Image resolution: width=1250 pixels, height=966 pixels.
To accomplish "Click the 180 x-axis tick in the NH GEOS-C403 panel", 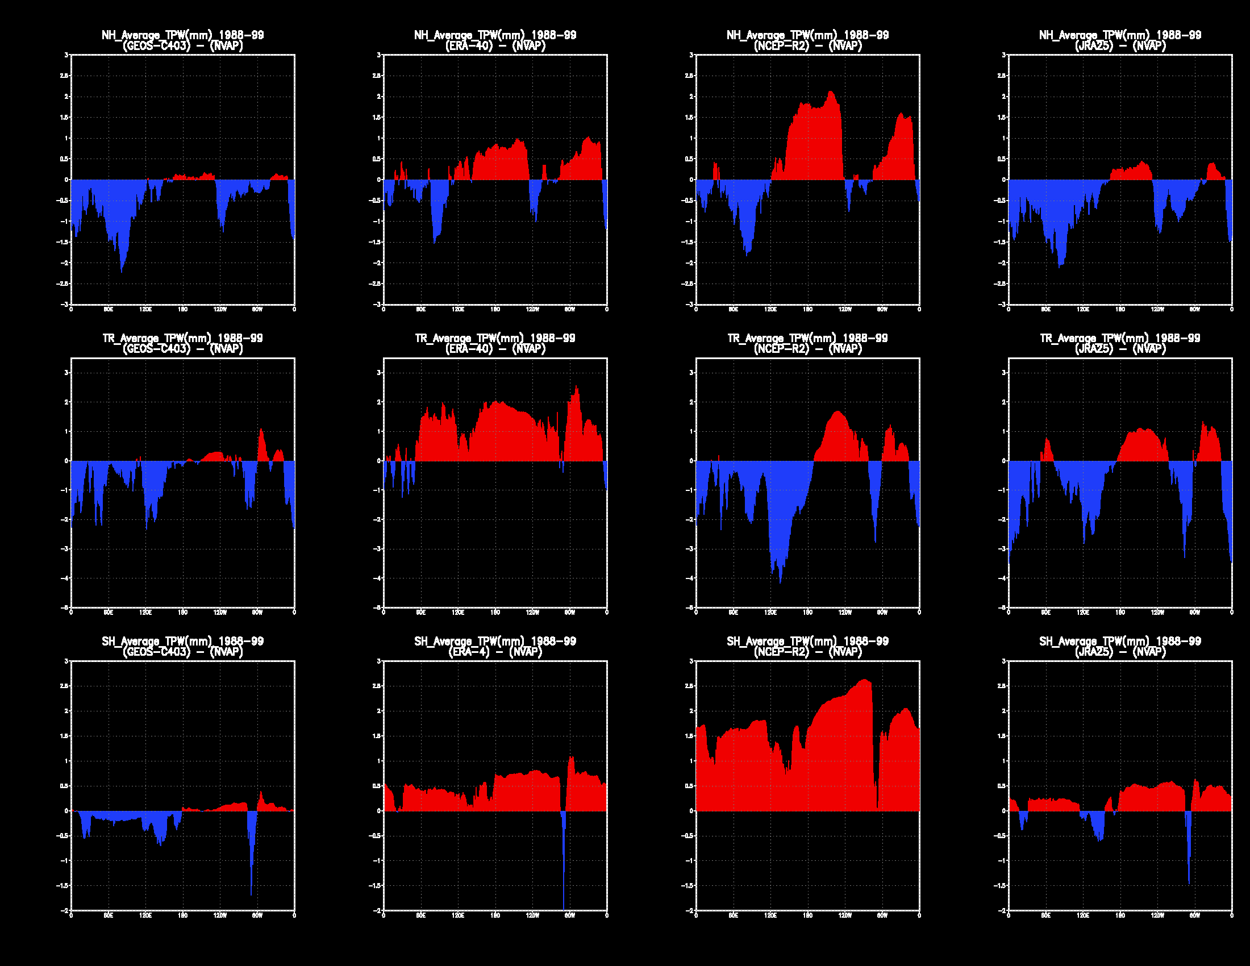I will [182, 310].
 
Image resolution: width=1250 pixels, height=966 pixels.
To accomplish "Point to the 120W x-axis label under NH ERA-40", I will [532, 310].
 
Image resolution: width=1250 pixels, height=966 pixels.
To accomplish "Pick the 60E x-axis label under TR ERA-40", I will [420, 613].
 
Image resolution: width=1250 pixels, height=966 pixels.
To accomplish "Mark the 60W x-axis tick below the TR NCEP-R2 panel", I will [882, 613].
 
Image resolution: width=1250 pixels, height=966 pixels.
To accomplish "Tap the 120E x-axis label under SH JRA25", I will [1083, 915].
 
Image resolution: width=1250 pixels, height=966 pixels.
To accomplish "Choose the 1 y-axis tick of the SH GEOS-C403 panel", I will [66, 761].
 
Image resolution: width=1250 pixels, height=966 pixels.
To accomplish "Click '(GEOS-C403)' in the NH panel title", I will [156, 47].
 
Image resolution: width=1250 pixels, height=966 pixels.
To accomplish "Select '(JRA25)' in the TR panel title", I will [1094, 349].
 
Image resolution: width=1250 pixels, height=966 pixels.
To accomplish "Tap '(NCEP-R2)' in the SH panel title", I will [782, 652].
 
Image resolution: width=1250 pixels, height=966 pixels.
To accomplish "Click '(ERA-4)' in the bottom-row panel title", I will [469, 652].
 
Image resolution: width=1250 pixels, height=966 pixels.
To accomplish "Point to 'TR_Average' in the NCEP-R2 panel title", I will [756, 338].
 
